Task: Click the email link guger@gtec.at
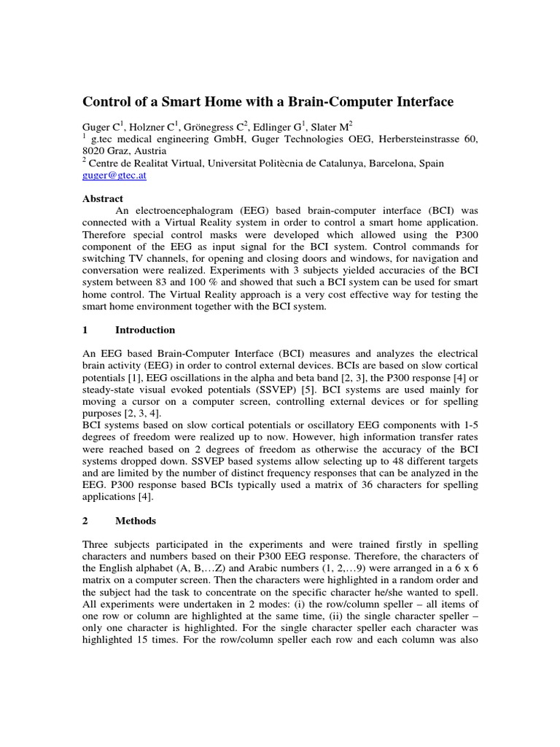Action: (x=116, y=177)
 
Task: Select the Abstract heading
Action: (x=103, y=198)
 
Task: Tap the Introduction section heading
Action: (x=145, y=330)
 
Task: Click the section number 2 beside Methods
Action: (x=85, y=521)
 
